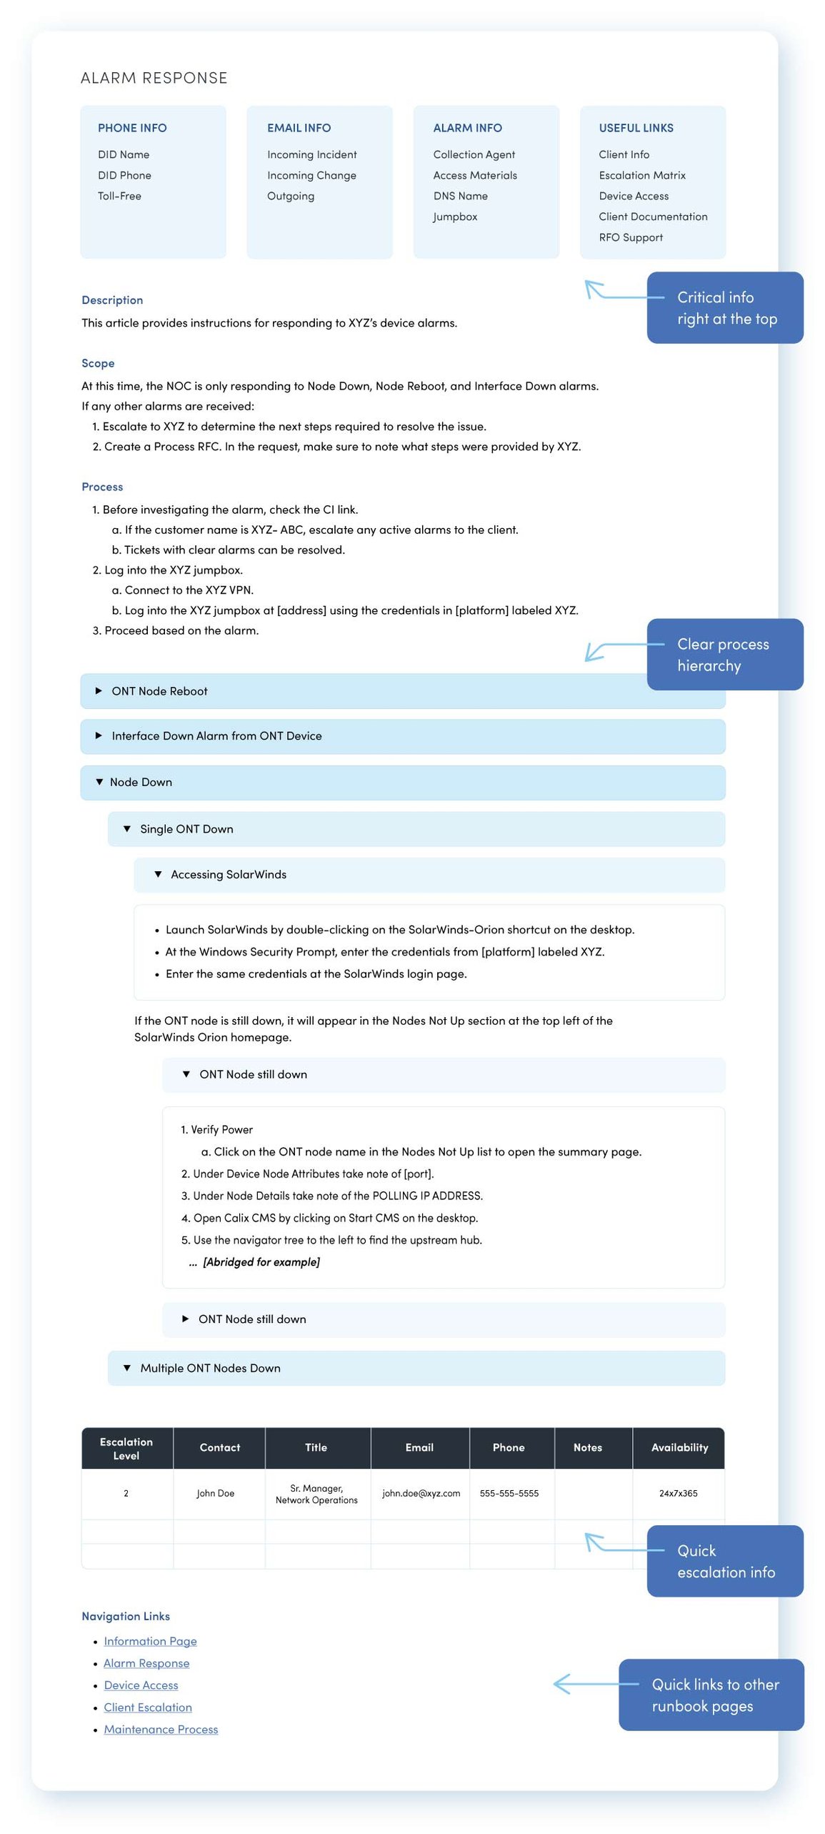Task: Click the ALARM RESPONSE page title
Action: (154, 78)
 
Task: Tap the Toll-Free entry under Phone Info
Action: (119, 196)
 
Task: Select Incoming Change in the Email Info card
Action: (311, 175)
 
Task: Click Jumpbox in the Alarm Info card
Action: (454, 217)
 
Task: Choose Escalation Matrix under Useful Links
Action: (641, 175)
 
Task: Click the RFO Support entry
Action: (630, 237)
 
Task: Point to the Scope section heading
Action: (98, 363)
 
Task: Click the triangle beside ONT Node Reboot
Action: (99, 691)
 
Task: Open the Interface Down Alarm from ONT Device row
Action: (216, 736)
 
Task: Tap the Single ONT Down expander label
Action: (186, 829)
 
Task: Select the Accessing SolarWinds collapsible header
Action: (228, 875)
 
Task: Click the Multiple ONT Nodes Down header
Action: (210, 1368)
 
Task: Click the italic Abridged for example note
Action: (261, 1262)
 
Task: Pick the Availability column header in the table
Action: (679, 1447)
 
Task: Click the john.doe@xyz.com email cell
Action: (421, 1493)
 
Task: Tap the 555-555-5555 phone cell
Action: (509, 1493)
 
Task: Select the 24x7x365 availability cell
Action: (678, 1493)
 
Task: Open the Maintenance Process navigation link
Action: (161, 1729)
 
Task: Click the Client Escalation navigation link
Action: (148, 1707)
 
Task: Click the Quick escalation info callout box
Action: (724, 1561)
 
